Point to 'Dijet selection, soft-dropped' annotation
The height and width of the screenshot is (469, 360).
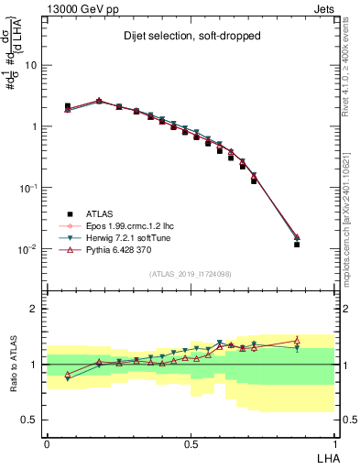click(x=191, y=36)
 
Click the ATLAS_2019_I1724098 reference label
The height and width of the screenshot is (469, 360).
click(x=191, y=274)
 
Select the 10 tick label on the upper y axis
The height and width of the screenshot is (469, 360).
click(x=31, y=66)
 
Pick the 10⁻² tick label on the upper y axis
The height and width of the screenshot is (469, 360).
click(x=29, y=249)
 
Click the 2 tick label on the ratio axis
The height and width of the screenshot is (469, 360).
click(x=36, y=309)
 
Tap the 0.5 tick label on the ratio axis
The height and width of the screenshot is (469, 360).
click(x=31, y=420)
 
